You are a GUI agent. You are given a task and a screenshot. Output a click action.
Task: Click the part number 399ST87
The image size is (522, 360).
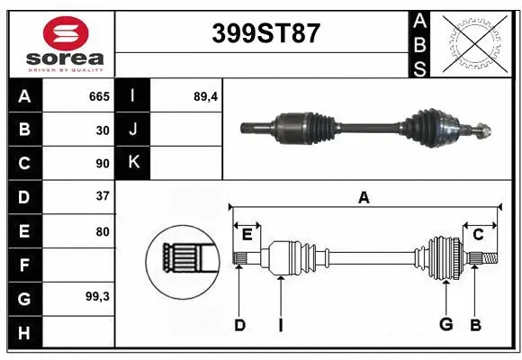coord(265,34)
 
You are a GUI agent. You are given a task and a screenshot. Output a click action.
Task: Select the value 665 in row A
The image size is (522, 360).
coord(98,96)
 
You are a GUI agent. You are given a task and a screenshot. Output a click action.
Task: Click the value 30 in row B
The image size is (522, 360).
coord(103,130)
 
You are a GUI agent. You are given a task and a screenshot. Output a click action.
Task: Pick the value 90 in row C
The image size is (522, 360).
coord(103,164)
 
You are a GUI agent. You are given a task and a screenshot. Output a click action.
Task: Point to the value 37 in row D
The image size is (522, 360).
coord(103,196)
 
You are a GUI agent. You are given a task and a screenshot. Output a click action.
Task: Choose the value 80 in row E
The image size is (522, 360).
coord(103,231)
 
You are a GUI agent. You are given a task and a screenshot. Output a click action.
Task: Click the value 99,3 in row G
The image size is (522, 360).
coord(96,295)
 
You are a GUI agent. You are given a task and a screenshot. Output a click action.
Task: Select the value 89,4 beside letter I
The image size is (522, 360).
coord(206,96)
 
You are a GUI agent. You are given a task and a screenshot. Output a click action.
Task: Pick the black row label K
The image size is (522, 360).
coord(133,163)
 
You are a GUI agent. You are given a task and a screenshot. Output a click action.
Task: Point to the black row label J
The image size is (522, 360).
coord(133,130)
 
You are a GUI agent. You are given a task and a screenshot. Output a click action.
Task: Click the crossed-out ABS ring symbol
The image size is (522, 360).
coord(476,41)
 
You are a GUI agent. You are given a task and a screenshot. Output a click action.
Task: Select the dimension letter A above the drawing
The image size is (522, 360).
coord(364,197)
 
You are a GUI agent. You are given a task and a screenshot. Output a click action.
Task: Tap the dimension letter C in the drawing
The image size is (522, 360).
coord(479,235)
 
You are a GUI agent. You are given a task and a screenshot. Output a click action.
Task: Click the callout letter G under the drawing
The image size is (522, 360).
coord(445,325)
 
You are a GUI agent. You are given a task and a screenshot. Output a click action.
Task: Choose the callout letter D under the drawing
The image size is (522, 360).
coord(239,325)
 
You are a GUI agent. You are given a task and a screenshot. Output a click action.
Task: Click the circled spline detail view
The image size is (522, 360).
coord(183,261)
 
